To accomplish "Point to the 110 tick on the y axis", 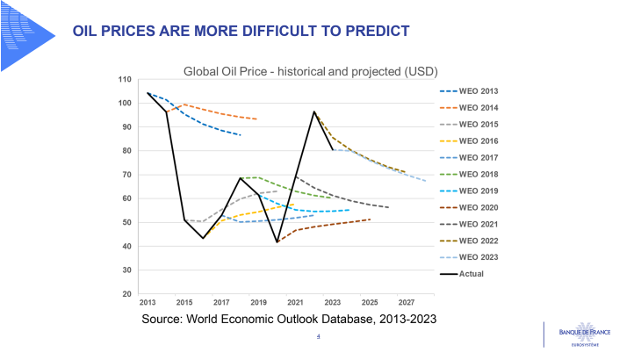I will click(x=125, y=80).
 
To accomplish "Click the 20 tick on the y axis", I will click(x=127, y=294).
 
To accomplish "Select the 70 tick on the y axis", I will click(x=127, y=175).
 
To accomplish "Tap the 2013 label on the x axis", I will click(x=148, y=303).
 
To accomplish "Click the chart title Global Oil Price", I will click(x=310, y=70).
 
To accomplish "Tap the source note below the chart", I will click(x=289, y=319).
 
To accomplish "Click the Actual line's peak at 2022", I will click(x=314, y=112).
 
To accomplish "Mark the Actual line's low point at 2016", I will click(x=204, y=238).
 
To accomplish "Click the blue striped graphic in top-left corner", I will click(x=26, y=35).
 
